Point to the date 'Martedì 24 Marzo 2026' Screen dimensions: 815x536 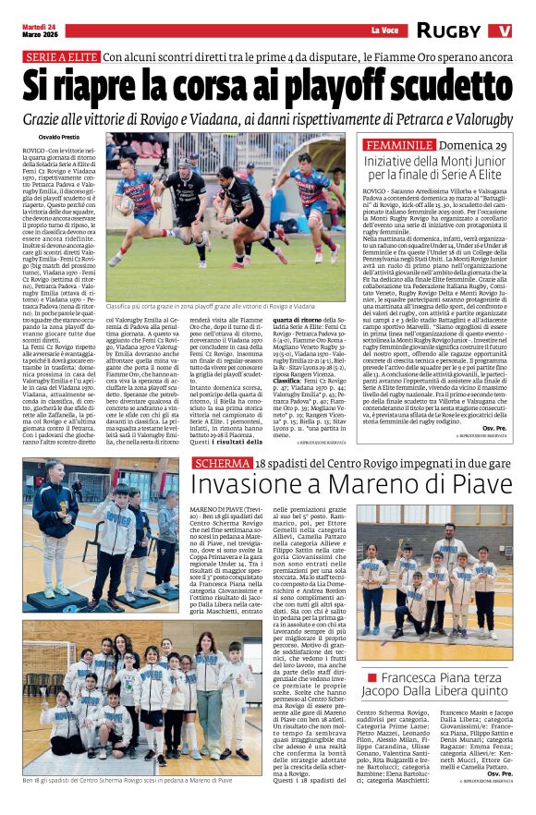[x=43, y=30]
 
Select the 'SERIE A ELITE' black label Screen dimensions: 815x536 [x=60, y=57]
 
